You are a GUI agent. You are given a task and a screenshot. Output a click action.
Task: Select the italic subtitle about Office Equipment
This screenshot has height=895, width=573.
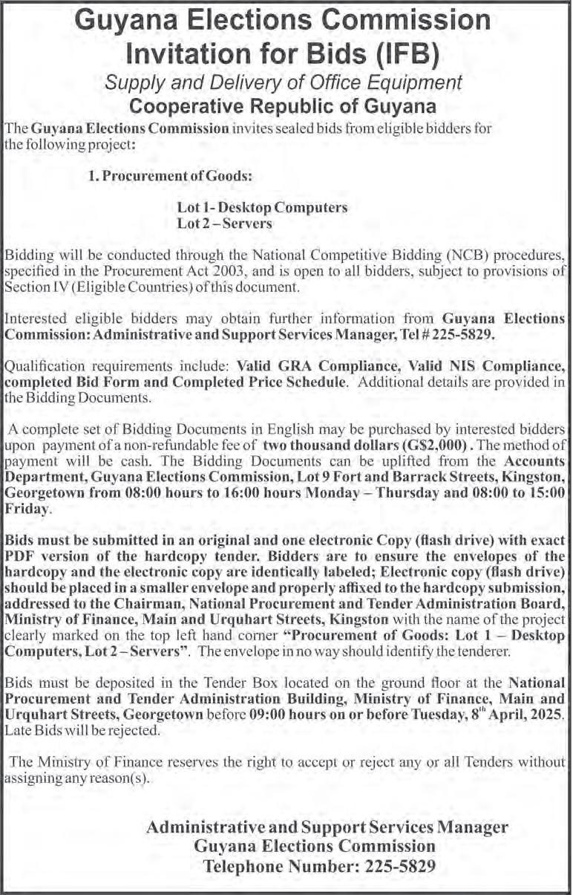point(284,82)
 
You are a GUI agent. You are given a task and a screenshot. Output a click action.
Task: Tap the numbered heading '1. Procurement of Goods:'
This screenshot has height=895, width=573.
point(171,176)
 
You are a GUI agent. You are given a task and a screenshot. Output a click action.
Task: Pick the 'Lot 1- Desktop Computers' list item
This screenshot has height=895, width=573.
point(262,207)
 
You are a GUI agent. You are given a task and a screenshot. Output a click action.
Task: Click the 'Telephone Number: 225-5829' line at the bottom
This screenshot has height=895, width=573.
point(320,866)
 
